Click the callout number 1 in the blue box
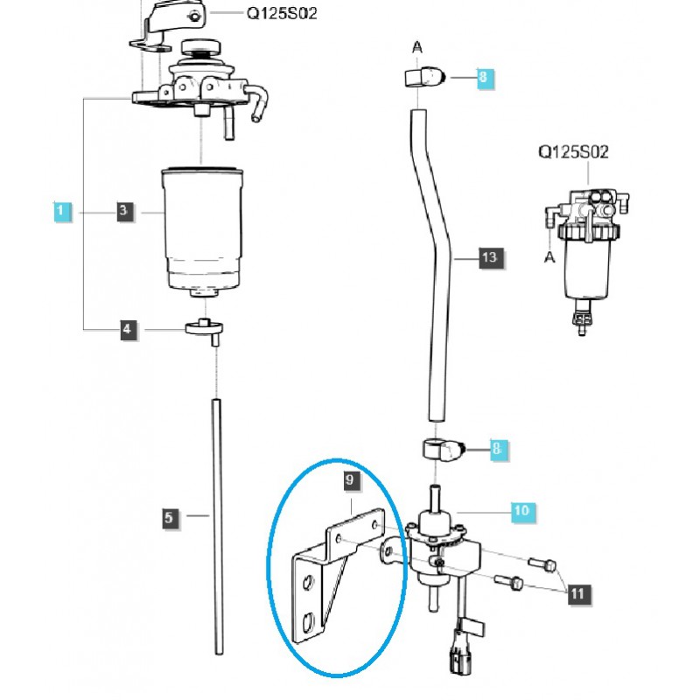tap(60, 211)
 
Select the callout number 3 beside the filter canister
tap(123, 211)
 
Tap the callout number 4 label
tap(129, 329)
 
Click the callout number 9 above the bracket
tap(349, 480)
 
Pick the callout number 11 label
tap(577, 594)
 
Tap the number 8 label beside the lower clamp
tap(497, 450)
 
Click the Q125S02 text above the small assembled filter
tap(573, 152)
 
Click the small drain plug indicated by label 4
tap(206, 330)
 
